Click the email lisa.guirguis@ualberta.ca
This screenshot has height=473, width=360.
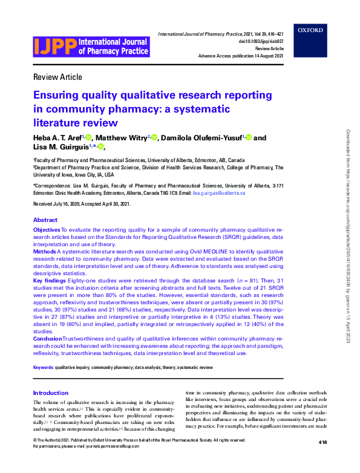coord(218,192)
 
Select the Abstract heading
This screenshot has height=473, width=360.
coord(45,220)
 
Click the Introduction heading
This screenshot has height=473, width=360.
coord(51,393)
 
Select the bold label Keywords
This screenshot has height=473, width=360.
coord(43,367)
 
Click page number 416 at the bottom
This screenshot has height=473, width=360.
coord(322,459)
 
